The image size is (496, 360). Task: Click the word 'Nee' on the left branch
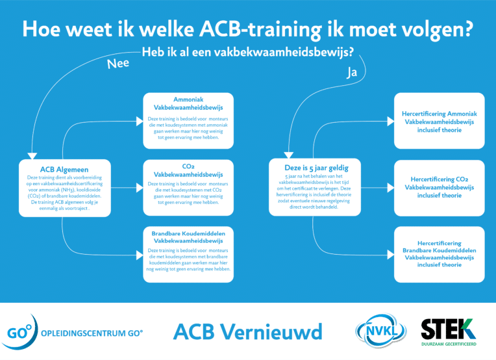tap(118, 64)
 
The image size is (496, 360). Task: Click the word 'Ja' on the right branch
tap(352, 72)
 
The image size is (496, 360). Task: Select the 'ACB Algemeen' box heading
tap(64, 170)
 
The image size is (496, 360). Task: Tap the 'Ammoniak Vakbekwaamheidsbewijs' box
tap(188, 121)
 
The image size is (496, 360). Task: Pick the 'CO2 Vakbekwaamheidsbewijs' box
tap(188, 187)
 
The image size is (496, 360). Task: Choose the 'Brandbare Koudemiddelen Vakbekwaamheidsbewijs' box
tap(188, 254)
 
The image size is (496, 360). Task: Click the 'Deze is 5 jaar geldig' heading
tap(316, 168)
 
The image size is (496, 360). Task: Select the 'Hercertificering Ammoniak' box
tap(440, 121)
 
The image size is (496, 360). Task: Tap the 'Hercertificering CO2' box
tap(440, 188)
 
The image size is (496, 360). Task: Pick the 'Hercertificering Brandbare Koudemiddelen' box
tap(440, 254)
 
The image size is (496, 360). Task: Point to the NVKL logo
tap(381, 331)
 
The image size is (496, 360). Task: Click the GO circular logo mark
tap(19, 332)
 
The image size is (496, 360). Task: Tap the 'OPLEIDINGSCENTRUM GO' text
tap(92, 333)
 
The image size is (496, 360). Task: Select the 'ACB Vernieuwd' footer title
tap(248, 332)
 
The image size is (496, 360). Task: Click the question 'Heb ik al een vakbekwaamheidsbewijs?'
tap(248, 52)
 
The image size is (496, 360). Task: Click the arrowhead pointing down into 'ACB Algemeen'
tap(32, 156)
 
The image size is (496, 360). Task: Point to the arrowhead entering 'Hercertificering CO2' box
tap(391, 188)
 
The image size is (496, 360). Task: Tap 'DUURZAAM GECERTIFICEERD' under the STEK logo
tap(449, 344)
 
